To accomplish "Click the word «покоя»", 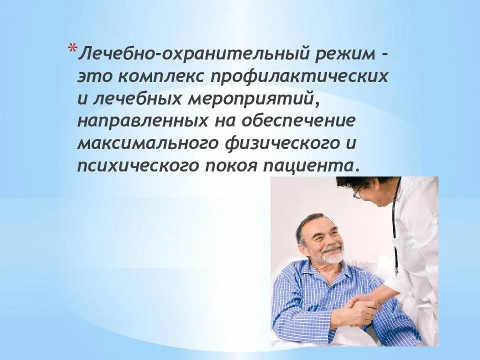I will pos(228,166).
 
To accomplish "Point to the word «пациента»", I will pos(310,166).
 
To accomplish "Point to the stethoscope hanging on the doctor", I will pos(395,230).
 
